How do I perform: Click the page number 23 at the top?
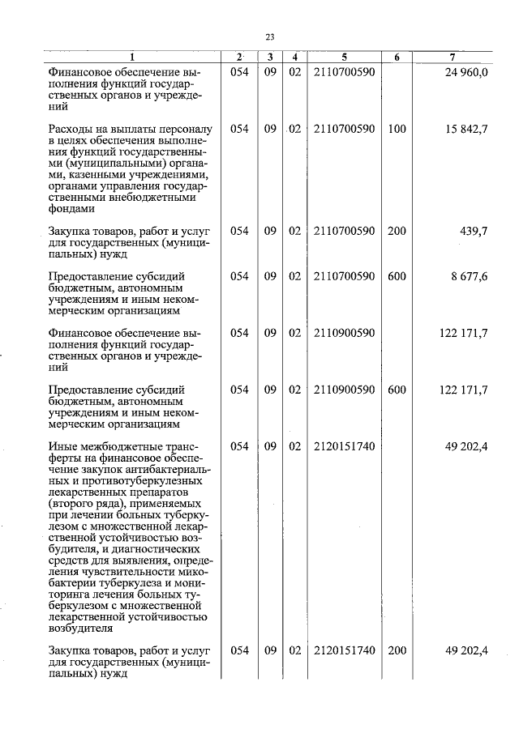coord(270,36)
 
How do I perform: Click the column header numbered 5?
coord(344,58)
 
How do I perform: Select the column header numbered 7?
coord(451,58)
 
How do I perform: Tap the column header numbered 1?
coord(133,58)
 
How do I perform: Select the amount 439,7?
coord(473,231)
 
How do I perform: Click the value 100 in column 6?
coord(397,129)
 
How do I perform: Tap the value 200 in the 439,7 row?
coord(397,231)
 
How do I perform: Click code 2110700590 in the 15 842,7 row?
coord(344,129)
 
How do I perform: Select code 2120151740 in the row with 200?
coord(344,650)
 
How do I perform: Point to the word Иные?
coord(62,446)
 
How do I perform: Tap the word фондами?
coord(71,208)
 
